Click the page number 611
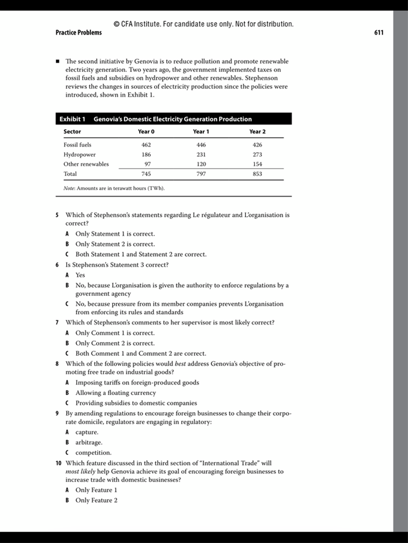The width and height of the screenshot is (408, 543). click(379, 33)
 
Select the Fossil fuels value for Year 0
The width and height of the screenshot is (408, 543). click(146, 145)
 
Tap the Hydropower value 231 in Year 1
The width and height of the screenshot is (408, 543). click(201, 154)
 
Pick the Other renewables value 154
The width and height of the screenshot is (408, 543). click(257, 164)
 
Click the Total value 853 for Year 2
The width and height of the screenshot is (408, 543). click(257, 174)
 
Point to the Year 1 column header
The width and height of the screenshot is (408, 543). click(201, 132)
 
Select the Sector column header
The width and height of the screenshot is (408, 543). click(72, 132)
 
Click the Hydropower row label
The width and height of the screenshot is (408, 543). click(80, 154)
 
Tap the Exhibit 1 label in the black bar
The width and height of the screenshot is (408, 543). click(72, 119)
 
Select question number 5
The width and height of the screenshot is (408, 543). click(57, 215)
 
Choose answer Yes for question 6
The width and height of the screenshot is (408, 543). click(80, 275)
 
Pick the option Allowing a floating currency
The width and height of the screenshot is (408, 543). click(116, 393)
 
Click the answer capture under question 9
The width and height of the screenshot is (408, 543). click(87, 432)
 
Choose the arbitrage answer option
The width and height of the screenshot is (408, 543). click(89, 442)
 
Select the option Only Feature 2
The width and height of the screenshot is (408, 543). click(96, 501)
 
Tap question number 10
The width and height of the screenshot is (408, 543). click(58, 463)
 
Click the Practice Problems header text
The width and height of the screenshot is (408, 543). click(79, 33)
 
